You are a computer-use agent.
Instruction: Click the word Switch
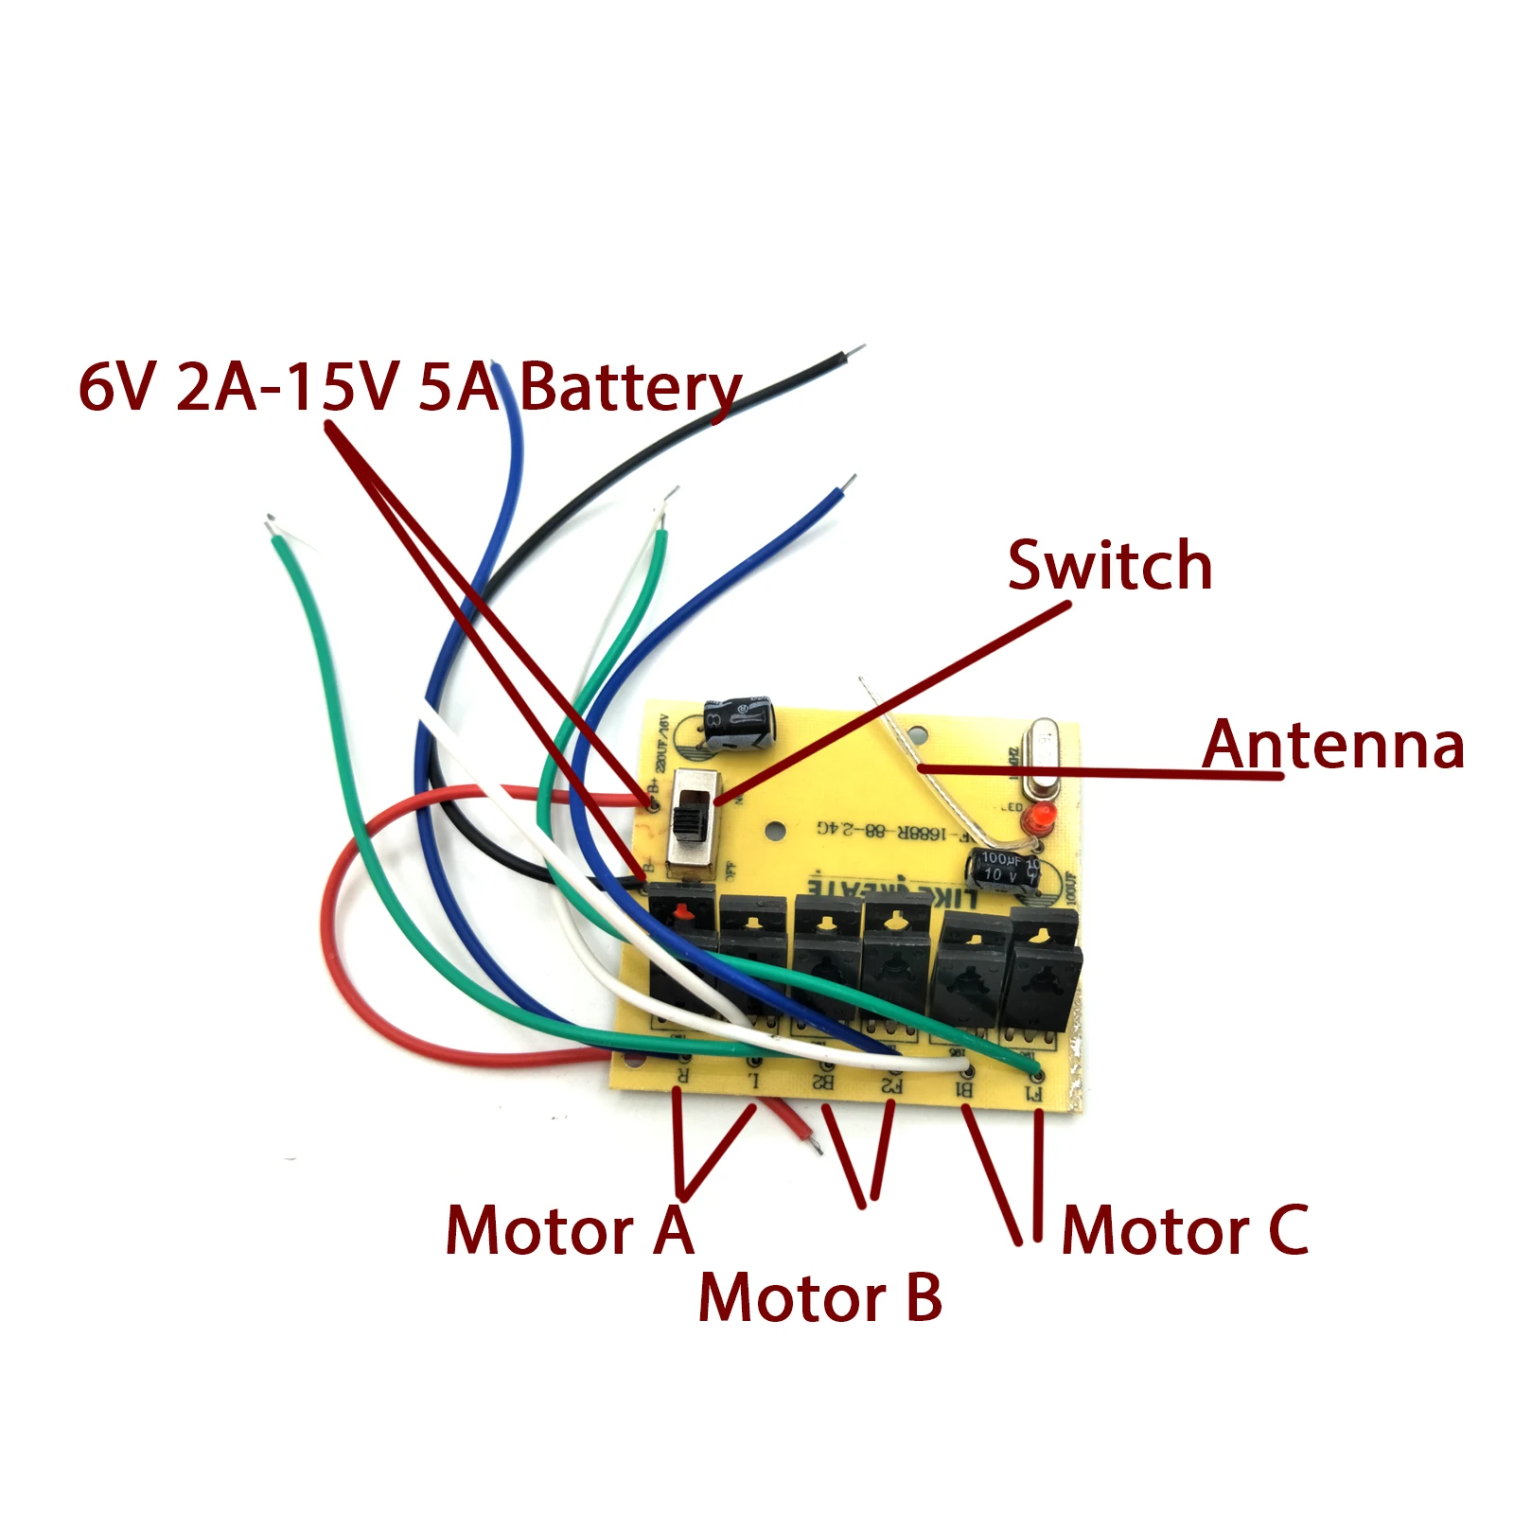(x=1109, y=566)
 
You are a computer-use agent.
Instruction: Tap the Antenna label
(x=1332, y=745)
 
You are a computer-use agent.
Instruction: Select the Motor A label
(x=569, y=1231)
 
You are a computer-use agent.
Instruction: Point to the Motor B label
(x=819, y=1297)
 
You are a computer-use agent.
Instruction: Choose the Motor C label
(x=1185, y=1231)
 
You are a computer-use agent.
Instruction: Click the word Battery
(x=630, y=389)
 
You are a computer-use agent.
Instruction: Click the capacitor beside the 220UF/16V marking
(x=741, y=725)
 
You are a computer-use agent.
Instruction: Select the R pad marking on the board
(x=681, y=1076)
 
